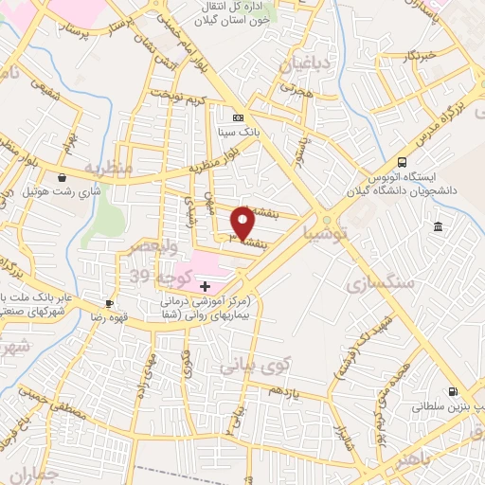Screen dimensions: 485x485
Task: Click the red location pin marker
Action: coord(243,223)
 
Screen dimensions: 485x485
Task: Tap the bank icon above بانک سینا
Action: coord(237,117)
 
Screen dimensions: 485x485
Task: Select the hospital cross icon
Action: coord(205,285)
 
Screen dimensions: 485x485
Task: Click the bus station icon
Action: coord(403,162)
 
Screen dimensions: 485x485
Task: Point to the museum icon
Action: coord(437,226)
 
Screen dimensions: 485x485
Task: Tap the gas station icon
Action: coord(453,391)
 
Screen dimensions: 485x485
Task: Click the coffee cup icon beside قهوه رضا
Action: coord(110,303)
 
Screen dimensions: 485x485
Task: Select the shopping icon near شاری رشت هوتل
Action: coord(62,176)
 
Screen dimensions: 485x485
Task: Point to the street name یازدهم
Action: coord(283,390)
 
